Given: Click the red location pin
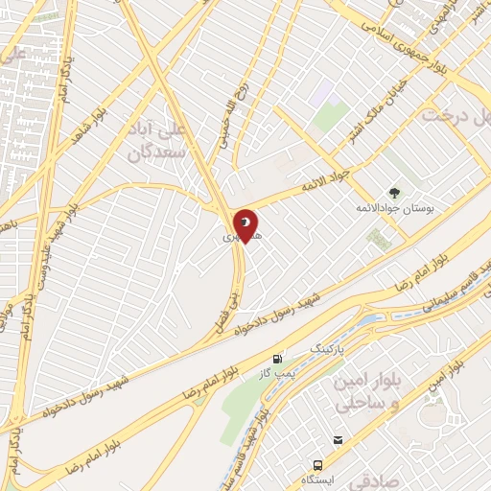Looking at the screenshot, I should pyautogui.click(x=245, y=226).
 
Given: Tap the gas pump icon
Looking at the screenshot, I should pyautogui.click(x=279, y=354).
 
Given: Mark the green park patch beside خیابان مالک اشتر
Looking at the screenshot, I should pyautogui.click(x=331, y=118).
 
